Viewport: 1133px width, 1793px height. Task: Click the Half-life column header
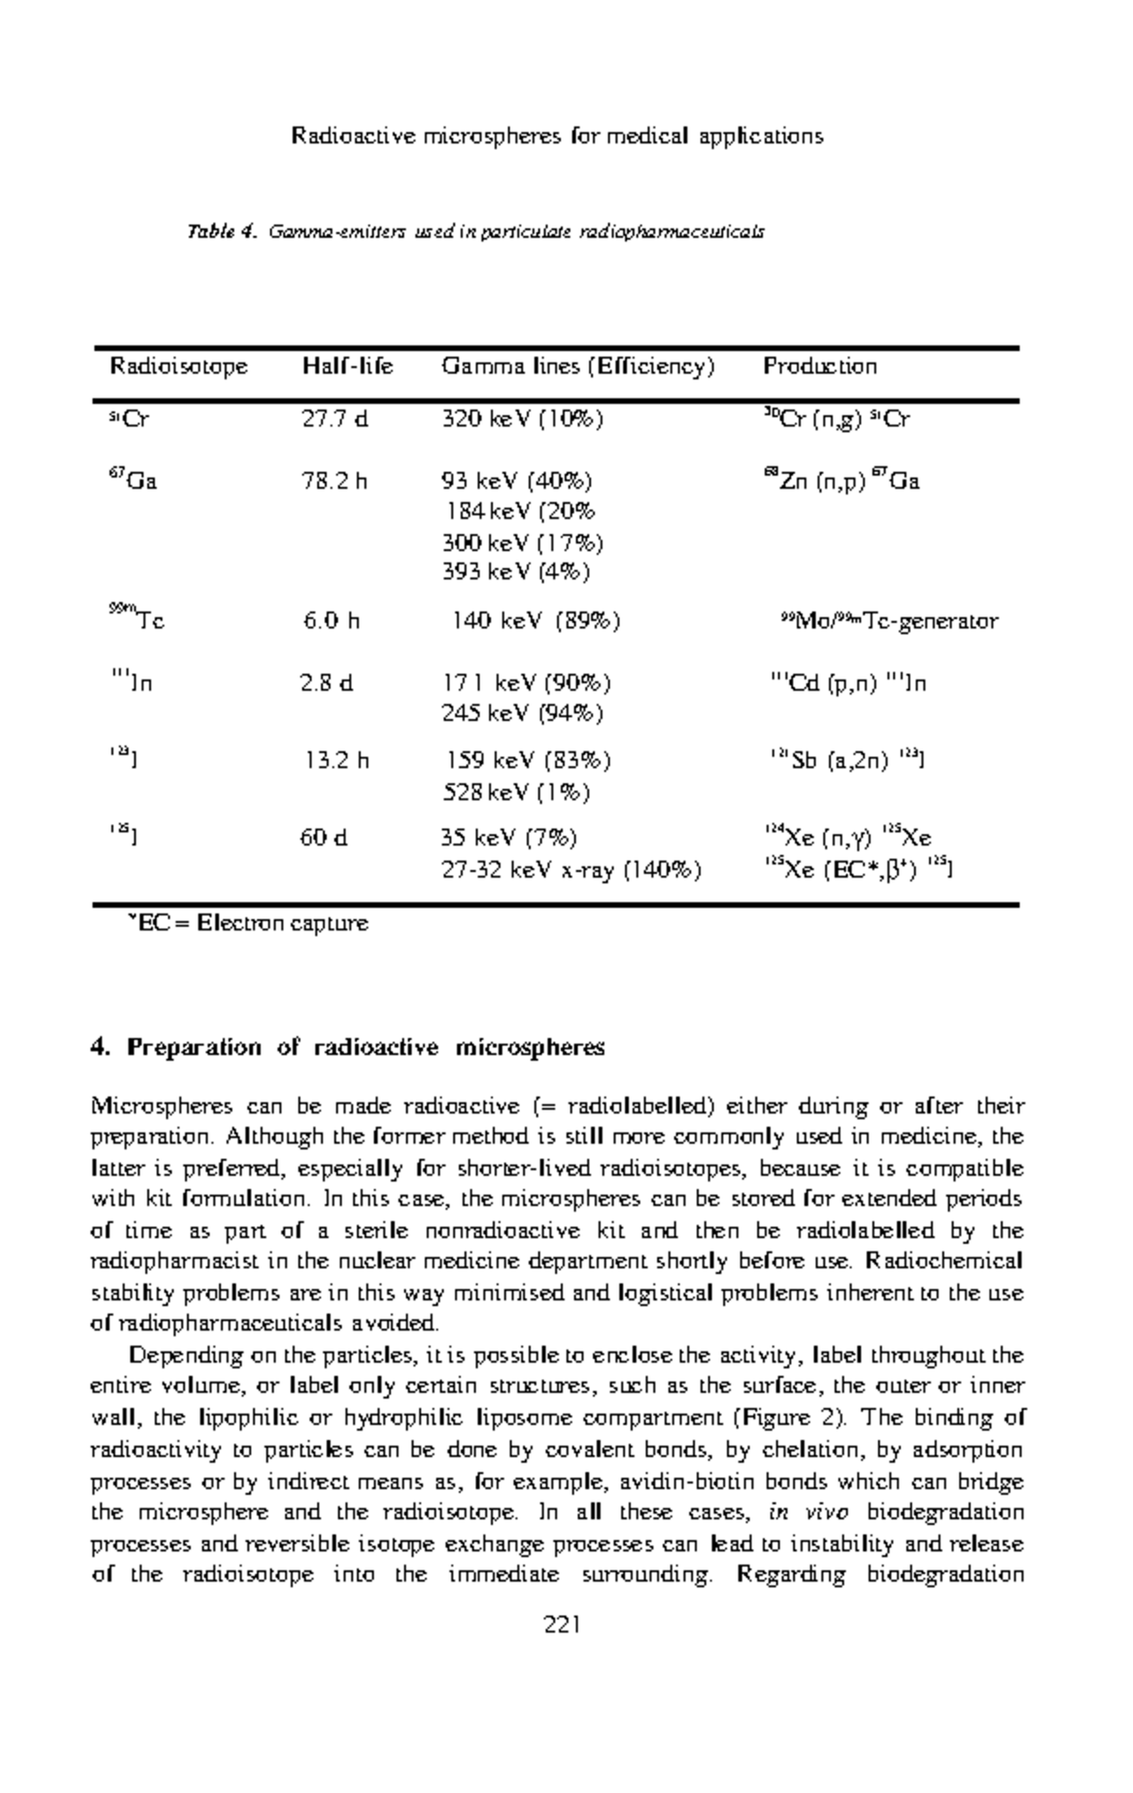coord(347,366)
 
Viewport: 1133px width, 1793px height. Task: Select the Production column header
coord(820,366)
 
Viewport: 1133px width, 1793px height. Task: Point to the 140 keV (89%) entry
coord(535,621)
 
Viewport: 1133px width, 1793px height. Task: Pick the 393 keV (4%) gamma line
coord(516,572)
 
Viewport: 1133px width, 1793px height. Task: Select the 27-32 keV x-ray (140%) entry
coord(571,869)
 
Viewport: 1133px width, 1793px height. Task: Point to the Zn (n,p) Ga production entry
coord(841,481)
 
